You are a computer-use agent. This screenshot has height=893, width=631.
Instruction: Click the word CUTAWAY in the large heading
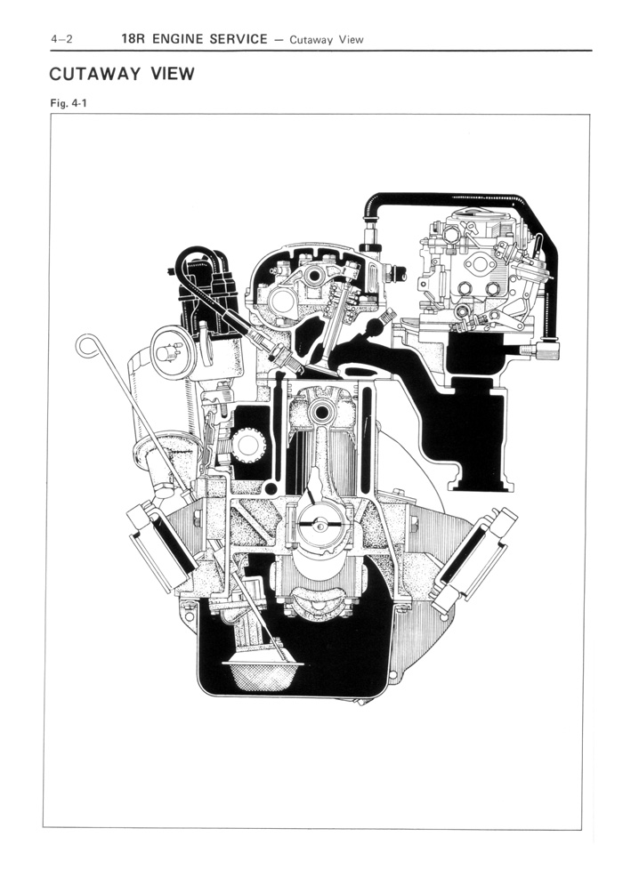pos(95,73)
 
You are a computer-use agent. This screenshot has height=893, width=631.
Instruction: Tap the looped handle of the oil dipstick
pos(86,345)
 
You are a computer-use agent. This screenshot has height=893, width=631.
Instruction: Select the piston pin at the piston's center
pos(321,412)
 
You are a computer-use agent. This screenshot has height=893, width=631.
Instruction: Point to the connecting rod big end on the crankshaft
pos(316,526)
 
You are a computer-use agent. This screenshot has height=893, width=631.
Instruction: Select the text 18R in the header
pos(135,39)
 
